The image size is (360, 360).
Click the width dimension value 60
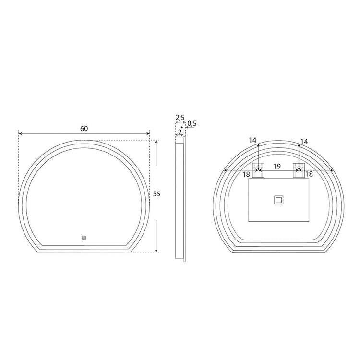84,128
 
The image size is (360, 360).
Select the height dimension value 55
156,194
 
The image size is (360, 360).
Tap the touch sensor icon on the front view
84,237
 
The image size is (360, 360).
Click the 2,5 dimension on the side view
180,118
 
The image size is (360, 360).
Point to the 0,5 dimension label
192,124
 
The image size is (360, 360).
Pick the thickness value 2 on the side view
180,132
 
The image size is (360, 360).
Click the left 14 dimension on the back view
253,141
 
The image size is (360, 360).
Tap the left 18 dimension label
246,174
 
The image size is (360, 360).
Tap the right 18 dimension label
309,174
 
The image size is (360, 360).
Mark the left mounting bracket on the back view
259,170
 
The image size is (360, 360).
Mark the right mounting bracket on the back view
299,170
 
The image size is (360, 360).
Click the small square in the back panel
278,200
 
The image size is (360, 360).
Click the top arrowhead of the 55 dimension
156,141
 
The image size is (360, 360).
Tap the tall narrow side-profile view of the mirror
180,197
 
